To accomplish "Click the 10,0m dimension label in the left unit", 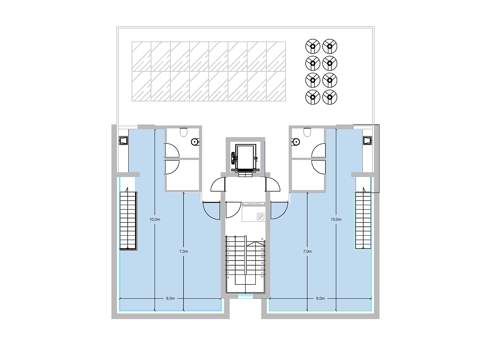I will (x=154, y=219).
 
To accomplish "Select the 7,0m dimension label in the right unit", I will (x=307, y=251).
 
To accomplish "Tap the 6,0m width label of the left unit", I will (x=170, y=298).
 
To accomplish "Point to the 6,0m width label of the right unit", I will (x=320, y=298).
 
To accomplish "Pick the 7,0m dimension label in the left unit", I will (x=183, y=251).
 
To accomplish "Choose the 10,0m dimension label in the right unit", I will (x=336, y=219).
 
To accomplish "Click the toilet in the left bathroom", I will (x=183, y=131).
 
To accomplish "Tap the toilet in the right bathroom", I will (x=308, y=131).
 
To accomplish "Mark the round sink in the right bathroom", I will (x=295, y=141).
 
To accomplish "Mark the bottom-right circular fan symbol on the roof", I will (x=330, y=97).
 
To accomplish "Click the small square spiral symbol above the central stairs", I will (x=261, y=217).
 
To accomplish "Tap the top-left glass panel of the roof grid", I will (x=141, y=56).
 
